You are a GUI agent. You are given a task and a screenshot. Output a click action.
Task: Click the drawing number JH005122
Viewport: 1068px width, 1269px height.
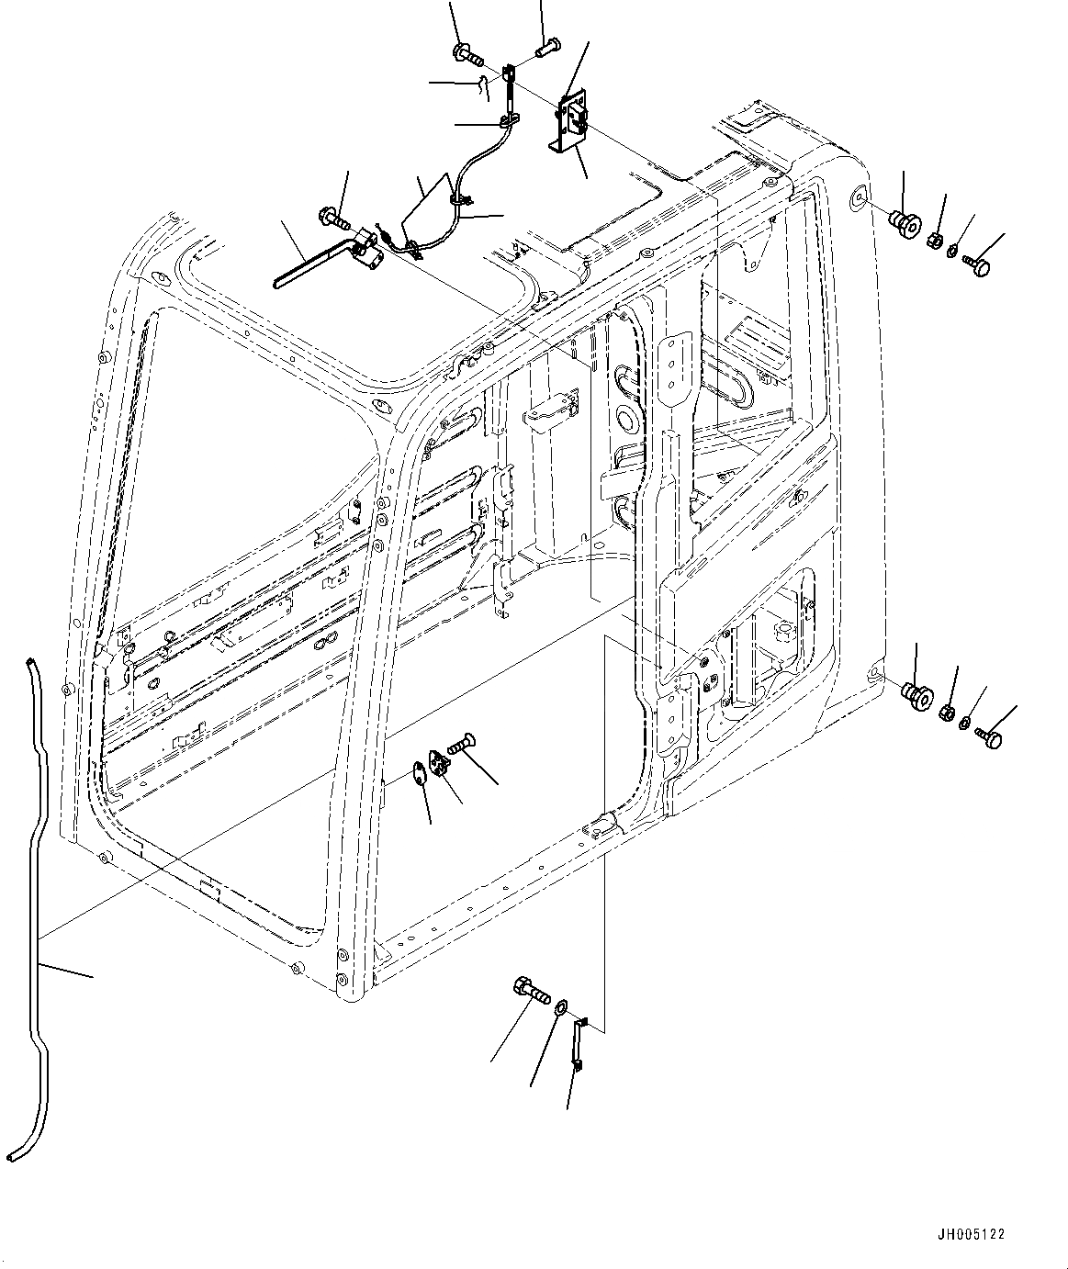click(971, 1234)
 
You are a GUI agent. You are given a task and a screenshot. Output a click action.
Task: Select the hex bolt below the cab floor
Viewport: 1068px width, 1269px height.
click(529, 991)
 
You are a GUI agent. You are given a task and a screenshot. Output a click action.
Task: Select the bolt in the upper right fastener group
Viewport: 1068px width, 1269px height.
click(979, 267)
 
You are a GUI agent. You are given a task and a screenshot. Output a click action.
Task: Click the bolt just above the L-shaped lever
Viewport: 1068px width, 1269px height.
click(333, 219)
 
